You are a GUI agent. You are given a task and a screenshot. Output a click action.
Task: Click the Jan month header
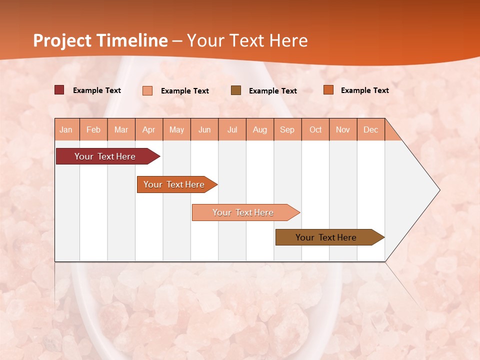(x=66, y=129)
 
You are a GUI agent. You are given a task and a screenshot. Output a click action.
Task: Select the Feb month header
(x=93, y=129)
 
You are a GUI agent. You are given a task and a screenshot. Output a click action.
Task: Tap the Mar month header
(x=121, y=129)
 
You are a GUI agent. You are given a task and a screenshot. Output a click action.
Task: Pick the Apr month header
(x=149, y=129)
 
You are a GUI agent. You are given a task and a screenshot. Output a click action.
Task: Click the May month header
(x=176, y=129)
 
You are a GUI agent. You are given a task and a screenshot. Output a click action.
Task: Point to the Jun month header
(x=204, y=129)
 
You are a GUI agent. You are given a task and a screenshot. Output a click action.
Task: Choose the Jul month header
(x=232, y=129)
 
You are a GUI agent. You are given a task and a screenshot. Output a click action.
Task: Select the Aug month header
(x=260, y=129)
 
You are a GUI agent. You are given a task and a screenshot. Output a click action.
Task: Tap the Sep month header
(x=287, y=129)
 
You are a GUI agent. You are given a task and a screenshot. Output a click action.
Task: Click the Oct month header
(x=315, y=129)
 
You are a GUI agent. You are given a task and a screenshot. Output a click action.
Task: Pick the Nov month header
(x=343, y=129)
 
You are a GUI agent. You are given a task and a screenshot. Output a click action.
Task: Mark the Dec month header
(x=371, y=129)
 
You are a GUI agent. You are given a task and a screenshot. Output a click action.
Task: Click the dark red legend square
(x=59, y=90)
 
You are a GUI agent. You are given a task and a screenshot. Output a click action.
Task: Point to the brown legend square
(x=236, y=90)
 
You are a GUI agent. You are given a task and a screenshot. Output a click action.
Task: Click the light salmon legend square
(x=147, y=90)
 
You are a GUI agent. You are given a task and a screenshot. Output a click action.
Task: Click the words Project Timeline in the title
(x=100, y=40)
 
